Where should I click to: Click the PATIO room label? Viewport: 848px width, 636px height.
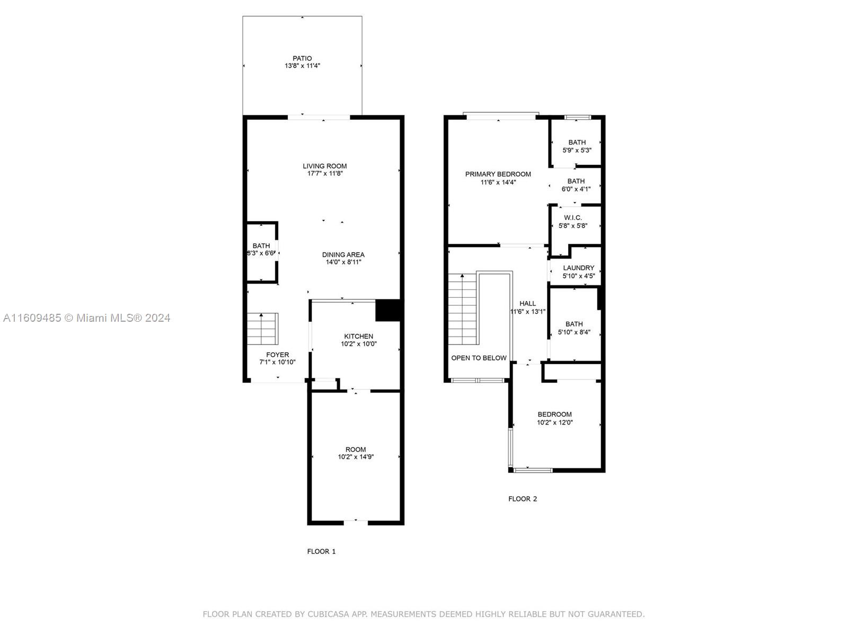pyautogui.click(x=302, y=59)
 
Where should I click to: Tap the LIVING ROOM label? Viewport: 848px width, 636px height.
pyautogui.click(x=325, y=166)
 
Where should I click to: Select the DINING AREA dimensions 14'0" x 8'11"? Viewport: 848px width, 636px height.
pyautogui.click(x=343, y=262)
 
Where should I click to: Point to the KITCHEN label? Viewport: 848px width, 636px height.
pyautogui.click(x=358, y=337)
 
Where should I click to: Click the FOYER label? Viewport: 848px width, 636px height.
pyautogui.click(x=277, y=355)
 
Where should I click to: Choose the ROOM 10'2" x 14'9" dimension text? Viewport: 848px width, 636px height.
pyautogui.click(x=356, y=457)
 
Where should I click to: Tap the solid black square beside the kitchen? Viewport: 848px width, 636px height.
pyautogui.click(x=388, y=311)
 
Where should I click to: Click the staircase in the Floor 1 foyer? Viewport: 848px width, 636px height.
pyautogui.click(x=262, y=329)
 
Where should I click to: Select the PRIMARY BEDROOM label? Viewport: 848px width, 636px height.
pyautogui.click(x=498, y=174)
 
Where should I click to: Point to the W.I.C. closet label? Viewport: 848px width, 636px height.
pyautogui.click(x=573, y=218)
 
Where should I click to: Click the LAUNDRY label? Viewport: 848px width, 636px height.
pyautogui.click(x=578, y=268)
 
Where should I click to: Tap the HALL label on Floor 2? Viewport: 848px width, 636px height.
pyautogui.click(x=527, y=304)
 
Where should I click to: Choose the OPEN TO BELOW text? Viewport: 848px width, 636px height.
pyautogui.click(x=479, y=358)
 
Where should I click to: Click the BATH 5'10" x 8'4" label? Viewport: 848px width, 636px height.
pyautogui.click(x=574, y=328)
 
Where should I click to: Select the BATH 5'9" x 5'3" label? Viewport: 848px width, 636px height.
pyautogui.click(x=577, y=146)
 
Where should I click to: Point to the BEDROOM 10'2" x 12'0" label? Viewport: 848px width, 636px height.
pyautogui.click(x=555, y=418)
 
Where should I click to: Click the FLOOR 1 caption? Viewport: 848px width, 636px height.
pyautogui.click(x=321, y=551)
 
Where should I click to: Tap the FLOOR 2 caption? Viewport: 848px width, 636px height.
pyautogui.click(x=523, y=499)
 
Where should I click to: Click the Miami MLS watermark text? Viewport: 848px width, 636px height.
pyautogui.click(x=86, y=318)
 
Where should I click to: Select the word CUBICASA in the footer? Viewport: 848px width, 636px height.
pyautogui.click(x=328, y=614)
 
